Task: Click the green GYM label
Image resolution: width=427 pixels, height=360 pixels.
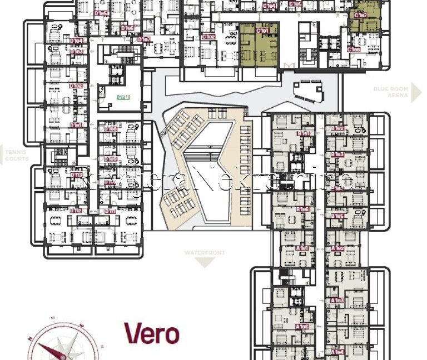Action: point(123,97)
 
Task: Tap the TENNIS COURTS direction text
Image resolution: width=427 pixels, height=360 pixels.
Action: point(16,156)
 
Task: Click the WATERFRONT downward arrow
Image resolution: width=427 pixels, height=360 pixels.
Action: point(205,262)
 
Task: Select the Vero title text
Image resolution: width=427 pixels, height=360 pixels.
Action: point(152,333)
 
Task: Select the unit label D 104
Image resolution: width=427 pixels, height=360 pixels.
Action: point(76,41)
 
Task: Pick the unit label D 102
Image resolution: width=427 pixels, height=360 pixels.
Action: point(76,86)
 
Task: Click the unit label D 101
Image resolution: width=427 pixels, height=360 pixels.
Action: point(76,125)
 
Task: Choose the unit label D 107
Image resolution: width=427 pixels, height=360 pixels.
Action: point(143,39)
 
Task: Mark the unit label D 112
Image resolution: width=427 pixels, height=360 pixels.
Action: point(76,211)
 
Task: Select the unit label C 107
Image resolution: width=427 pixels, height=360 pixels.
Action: point(360,16)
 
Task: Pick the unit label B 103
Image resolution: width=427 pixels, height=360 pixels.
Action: point(337,154)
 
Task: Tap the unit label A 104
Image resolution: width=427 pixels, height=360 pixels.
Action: point(337,352)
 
